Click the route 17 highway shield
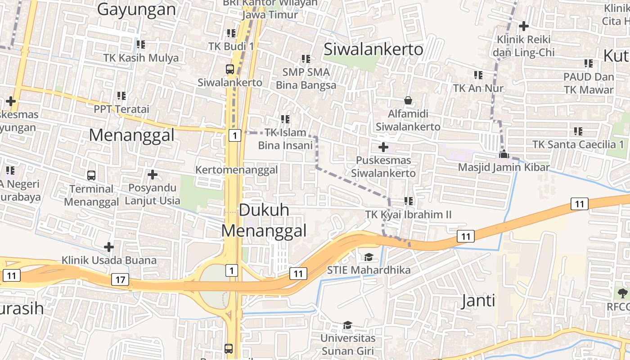(120, 279)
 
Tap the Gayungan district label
(136, 9)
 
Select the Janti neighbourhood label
(478, 301)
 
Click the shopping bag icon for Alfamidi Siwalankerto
(408, 100)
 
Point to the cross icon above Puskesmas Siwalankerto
(383, 147)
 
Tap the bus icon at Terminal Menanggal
(91, 175)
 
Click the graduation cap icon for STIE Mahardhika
(369, 257)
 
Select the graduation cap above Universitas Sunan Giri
(347, 325)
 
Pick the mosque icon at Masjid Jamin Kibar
(504, 154)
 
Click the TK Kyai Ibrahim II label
(408, 214)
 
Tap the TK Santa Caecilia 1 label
(578, 144)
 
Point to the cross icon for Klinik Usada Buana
(108, 247)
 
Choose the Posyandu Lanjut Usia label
(152, 194)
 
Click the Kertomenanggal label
(236, 170)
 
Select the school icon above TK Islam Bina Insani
(285, 119)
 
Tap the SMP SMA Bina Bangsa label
(306, 78)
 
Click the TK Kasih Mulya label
(141, 58)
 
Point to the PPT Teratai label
(121, 109)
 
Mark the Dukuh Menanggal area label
(264, 220)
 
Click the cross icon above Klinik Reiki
(523, 26)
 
